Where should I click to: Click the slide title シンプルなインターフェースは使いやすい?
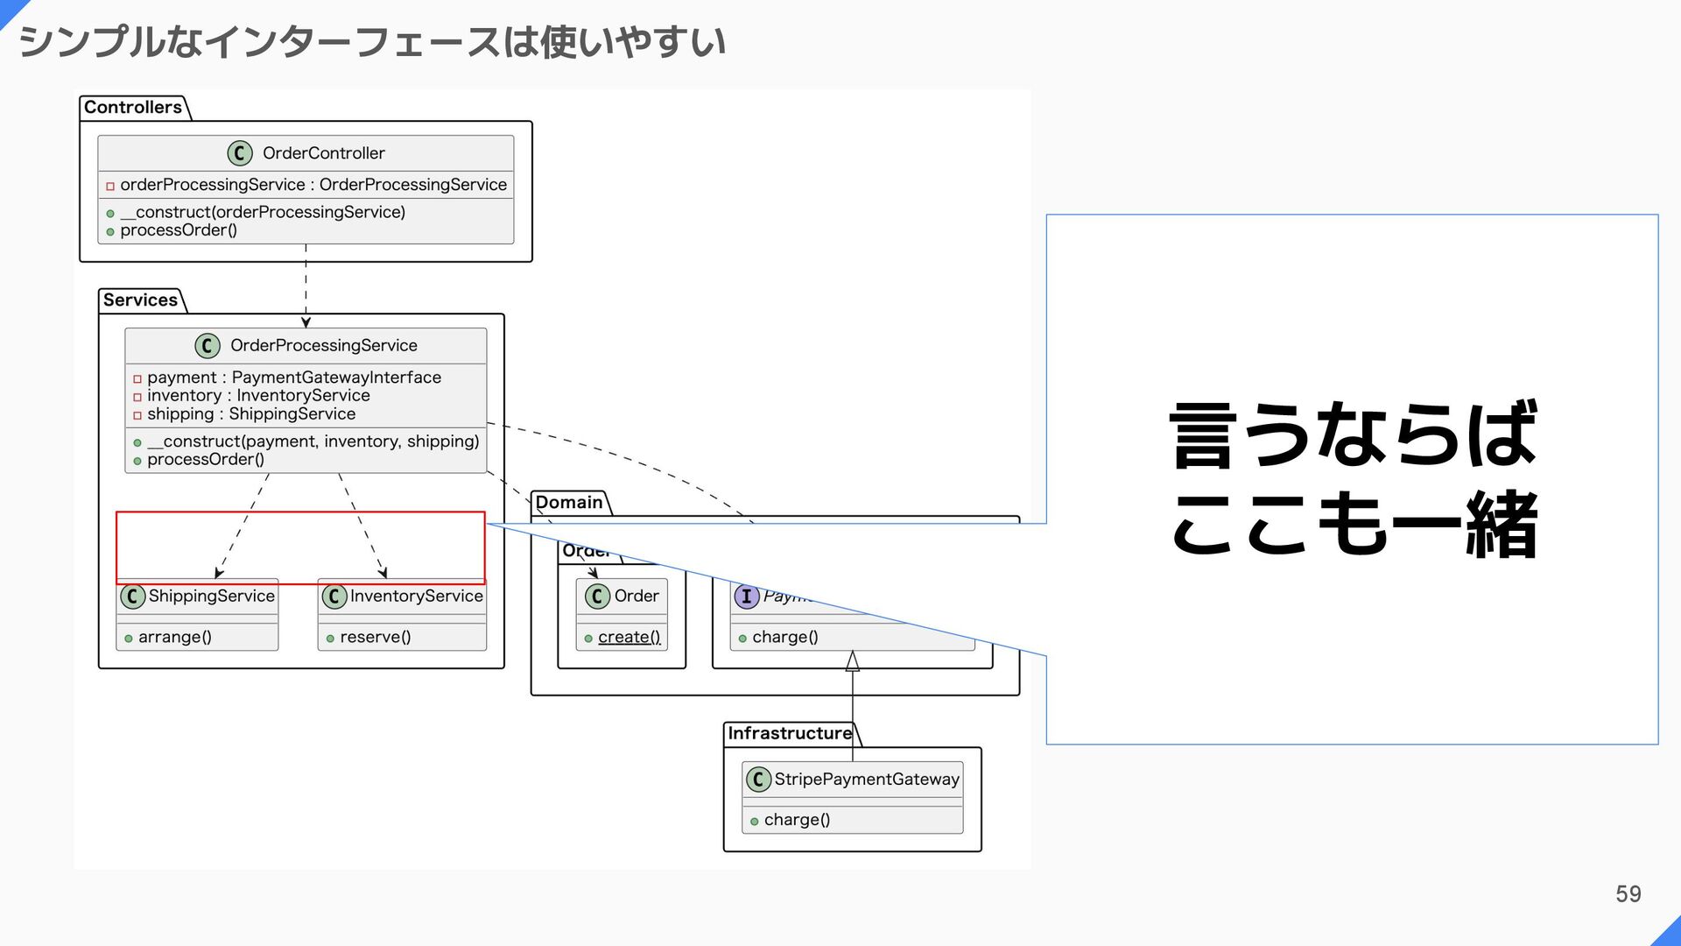(x=372, y=42)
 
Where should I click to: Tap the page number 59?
(x=1628, y=893)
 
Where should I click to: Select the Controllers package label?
(x=133, y=108)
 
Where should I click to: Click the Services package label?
(x=140, y=300)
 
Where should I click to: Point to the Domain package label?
(x=569, y=503)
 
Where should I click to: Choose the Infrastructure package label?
(x=790, y=733)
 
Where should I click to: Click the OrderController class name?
(x=323, y=153)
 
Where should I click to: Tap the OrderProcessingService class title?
(x=323, y=346)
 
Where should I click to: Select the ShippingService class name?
(x=211, y=597)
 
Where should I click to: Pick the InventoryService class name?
(x=416, y=597)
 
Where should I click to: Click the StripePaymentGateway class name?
(x=867, y=780)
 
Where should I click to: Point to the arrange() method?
(x=174, y=638)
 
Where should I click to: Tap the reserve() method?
(x=375, y=638)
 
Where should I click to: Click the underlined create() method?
(x=629, y=638)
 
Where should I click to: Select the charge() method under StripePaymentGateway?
(x=797, y=820)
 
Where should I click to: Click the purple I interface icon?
(x=746, y=597)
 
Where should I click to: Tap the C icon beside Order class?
(x=597, y=597)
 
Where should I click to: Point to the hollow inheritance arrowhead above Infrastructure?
(x=852, y=661)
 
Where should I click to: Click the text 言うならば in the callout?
(x=1353, y=434)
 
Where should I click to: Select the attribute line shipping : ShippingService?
(x=250, y=414)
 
